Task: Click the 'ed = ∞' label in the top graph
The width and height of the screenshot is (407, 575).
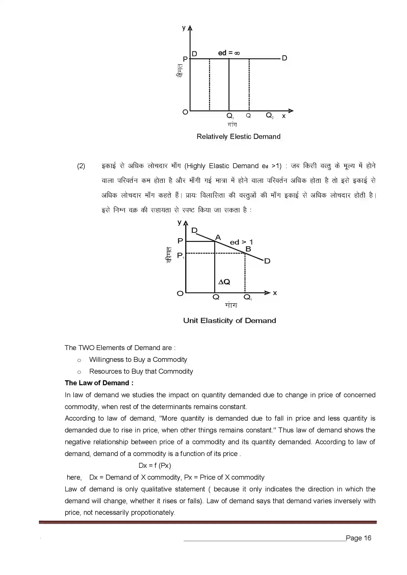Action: click(229, 53)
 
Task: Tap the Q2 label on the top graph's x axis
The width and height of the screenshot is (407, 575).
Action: click(270, 116)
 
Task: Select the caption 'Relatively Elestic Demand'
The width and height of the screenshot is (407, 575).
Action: click(238, 136)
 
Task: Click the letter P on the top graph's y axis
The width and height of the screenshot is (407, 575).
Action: click(185, 59)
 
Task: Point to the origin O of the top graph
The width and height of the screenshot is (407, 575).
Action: click(185, 112)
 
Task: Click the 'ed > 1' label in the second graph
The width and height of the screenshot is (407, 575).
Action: click(241, 242)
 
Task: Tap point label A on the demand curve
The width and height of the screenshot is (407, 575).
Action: click(218, 237)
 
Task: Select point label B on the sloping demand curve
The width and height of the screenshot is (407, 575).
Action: click(248, 249)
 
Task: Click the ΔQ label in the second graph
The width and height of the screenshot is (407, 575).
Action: click(224, 282)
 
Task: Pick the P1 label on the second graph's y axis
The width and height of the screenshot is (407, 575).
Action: click(180, 255)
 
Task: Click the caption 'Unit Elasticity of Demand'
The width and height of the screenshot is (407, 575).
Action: click(229, 321)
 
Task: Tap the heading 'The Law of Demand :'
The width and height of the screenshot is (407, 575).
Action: click(99, 383)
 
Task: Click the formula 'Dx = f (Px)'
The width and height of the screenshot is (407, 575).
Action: click(155, 466)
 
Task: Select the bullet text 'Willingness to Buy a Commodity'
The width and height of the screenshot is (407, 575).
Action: click(138, 360)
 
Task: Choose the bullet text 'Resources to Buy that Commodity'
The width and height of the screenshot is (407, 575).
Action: click(141, 371)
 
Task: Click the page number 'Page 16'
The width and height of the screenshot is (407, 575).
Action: click(358, 538)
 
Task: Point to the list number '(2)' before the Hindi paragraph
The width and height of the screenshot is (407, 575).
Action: click(81, 166)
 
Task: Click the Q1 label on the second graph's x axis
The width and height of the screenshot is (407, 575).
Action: click(247, 297)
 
